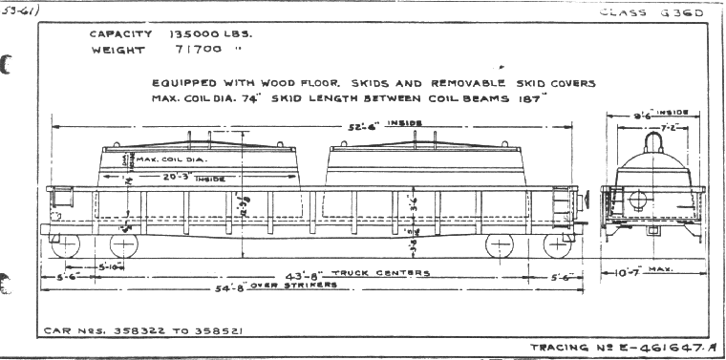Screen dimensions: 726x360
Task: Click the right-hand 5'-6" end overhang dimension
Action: (x=563, y=277)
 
